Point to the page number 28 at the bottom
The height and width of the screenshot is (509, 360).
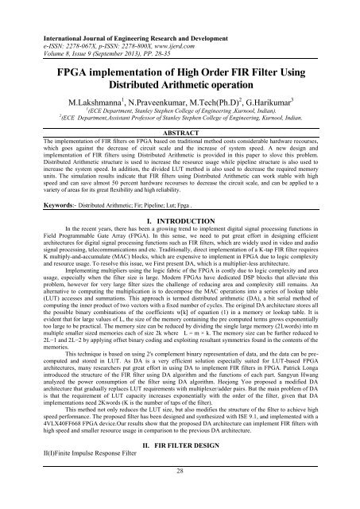pyautogui.click(x=180, y=493)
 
